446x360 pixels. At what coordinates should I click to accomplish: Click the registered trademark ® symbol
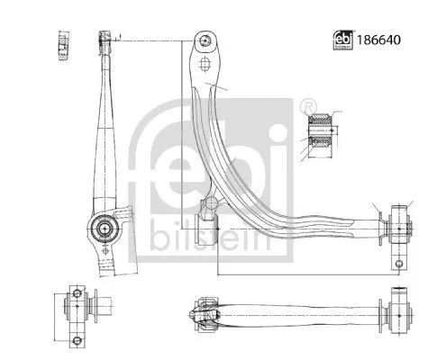tap(309, 103)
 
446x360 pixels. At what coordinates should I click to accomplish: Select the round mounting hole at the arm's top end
tap(207, 40)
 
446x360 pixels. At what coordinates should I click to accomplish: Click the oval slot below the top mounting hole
tap(207, 67)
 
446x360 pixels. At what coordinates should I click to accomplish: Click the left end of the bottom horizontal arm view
tap(198, 315)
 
